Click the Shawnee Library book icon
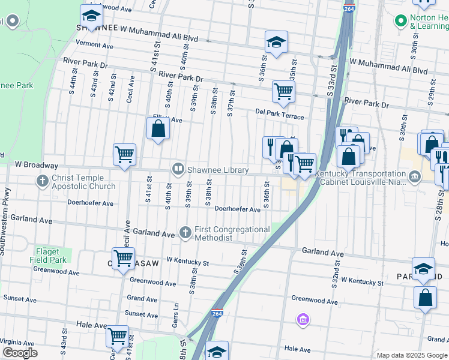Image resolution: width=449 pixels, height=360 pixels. pyautogui.click(x=178, y=170)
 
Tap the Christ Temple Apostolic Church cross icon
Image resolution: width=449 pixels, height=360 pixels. pyautogui.click(x=43, y=181)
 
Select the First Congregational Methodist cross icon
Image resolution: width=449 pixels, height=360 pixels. pyautogui.click(x=185, y=232)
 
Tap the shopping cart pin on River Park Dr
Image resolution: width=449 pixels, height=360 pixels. pyautogui.click(x=283, y=92)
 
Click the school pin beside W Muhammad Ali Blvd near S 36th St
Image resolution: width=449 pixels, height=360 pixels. pyautogui.click(x=276, y=42)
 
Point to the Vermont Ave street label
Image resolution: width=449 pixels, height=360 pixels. pyautogui.click(x=94, y=45)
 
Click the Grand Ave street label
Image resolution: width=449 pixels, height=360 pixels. pyautogui.click(x=142, y=298)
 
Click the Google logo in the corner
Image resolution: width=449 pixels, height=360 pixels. pyautogui.click(x=20, y=353)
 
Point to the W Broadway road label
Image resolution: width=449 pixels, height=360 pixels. pyautogui.click(x=37, y=164)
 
